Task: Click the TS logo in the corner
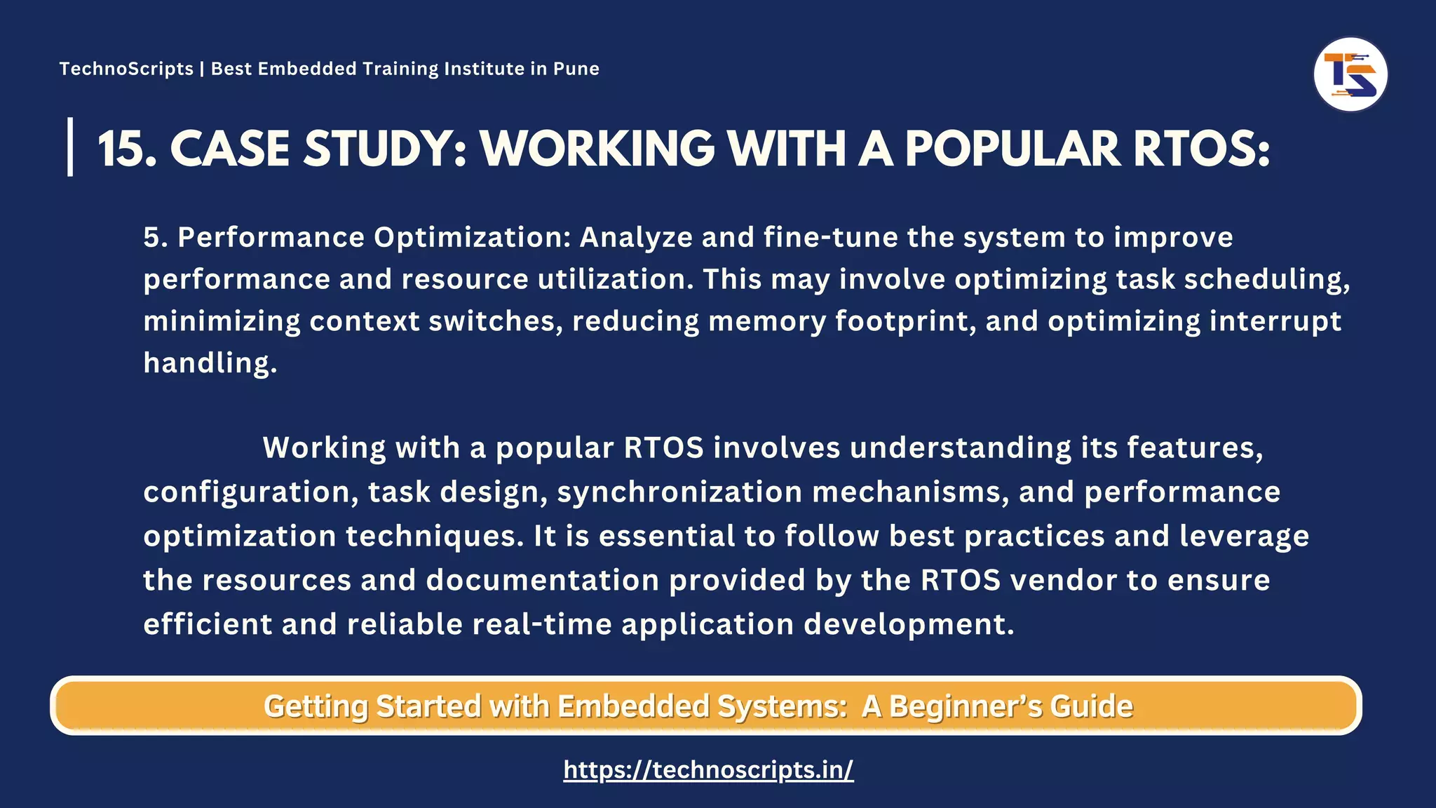1350,74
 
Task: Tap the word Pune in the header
576,69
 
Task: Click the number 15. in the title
127,149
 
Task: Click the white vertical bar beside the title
70,147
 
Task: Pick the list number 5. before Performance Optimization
156,237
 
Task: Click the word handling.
210,363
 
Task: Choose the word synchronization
679,492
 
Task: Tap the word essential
667,536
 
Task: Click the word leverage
1244,536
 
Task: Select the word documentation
543,580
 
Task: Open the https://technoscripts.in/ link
708,769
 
